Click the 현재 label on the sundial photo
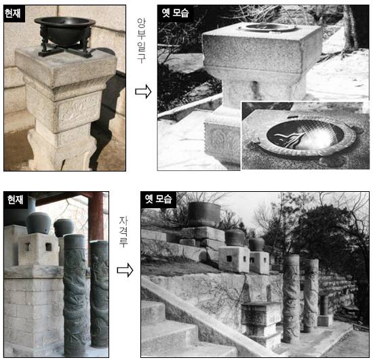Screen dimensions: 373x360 pos(14,14)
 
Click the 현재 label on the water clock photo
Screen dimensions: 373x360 pos(15,199)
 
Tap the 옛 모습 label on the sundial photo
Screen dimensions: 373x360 pos(175,13)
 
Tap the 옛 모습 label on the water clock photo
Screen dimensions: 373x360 pos(159,199)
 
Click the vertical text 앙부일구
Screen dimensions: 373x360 pos(141,41)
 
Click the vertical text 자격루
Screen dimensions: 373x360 pos(123,232)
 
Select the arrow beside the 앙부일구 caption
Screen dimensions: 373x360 pos(143,92)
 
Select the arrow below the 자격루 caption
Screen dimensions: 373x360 pos(125,270)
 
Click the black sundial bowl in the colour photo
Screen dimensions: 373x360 pos(64,30)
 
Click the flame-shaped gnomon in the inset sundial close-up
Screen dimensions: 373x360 pos(290,140)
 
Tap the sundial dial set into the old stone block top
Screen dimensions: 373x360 pos(268,28)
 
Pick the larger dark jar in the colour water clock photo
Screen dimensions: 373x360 pos(38,223)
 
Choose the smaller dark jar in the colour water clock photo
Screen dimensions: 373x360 pos(64,228)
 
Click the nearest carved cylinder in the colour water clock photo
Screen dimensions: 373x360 pos(75,295)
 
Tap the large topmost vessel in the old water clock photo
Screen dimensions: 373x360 pos(204,214)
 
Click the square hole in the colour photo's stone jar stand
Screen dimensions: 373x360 pos(49,247)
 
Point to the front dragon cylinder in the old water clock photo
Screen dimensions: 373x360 pos(291,298)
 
